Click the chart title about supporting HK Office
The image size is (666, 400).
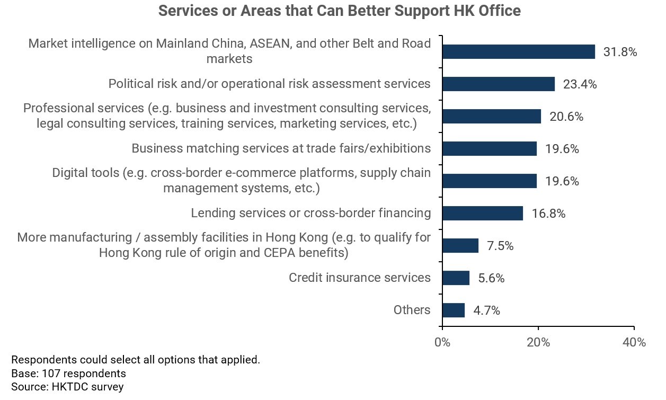tap(340, 11)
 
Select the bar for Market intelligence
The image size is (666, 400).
tap(518, 51)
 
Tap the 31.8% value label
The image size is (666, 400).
tap(620, 52)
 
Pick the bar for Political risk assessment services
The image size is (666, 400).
tap(498, 84)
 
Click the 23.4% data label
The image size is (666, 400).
tap(580, 84)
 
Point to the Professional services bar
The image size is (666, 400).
tap(491, 117)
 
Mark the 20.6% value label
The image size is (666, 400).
tap(566, 117)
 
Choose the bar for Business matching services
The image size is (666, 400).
tap(489, 149)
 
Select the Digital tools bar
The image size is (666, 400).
tap(489, 181)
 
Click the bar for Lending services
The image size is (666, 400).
tap(482, 214)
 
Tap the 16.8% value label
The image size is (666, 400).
tap(548, 214)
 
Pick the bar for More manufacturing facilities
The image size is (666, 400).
tap(460, 246)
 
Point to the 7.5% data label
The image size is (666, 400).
tap(500, 246)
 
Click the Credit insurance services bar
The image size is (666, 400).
tap(456, 278)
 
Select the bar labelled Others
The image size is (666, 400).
tap(454, 310)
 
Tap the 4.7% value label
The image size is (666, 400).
tap(487, 310)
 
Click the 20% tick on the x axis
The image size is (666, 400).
tap(538, 342)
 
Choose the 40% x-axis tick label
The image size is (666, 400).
tap(634, 342)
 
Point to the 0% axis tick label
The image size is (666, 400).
tap(442, 342)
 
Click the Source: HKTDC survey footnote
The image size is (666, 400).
tap(67, 387)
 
